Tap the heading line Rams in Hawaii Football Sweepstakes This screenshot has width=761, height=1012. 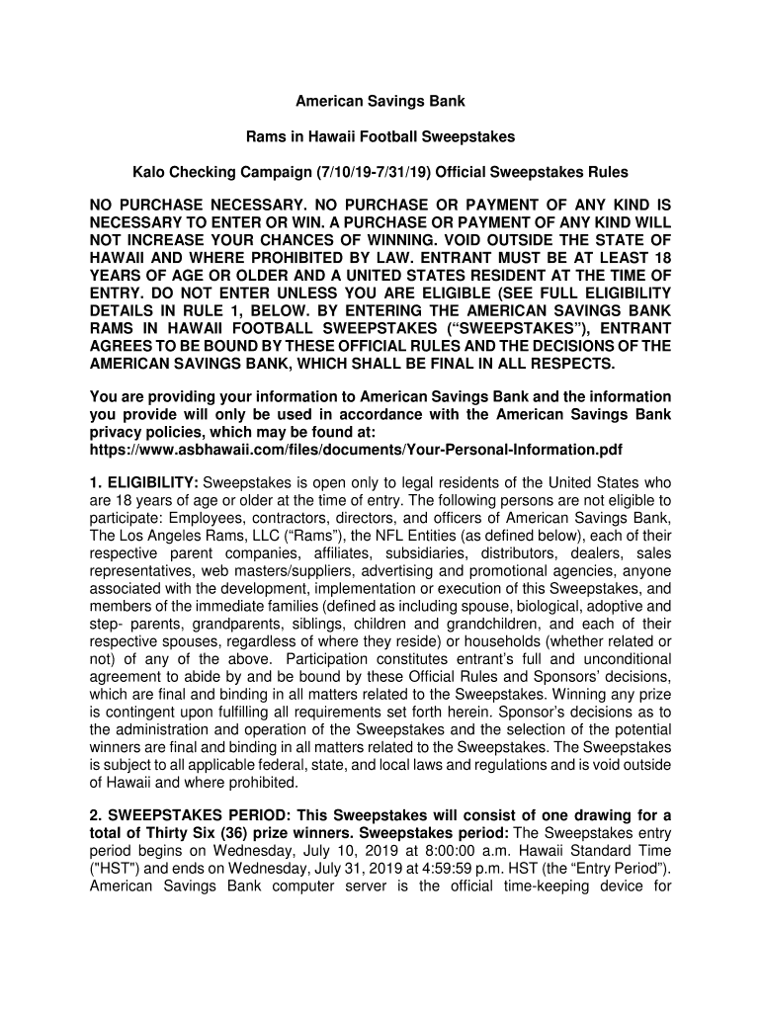pos(380,136)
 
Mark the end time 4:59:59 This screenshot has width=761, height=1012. pos(459,869)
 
